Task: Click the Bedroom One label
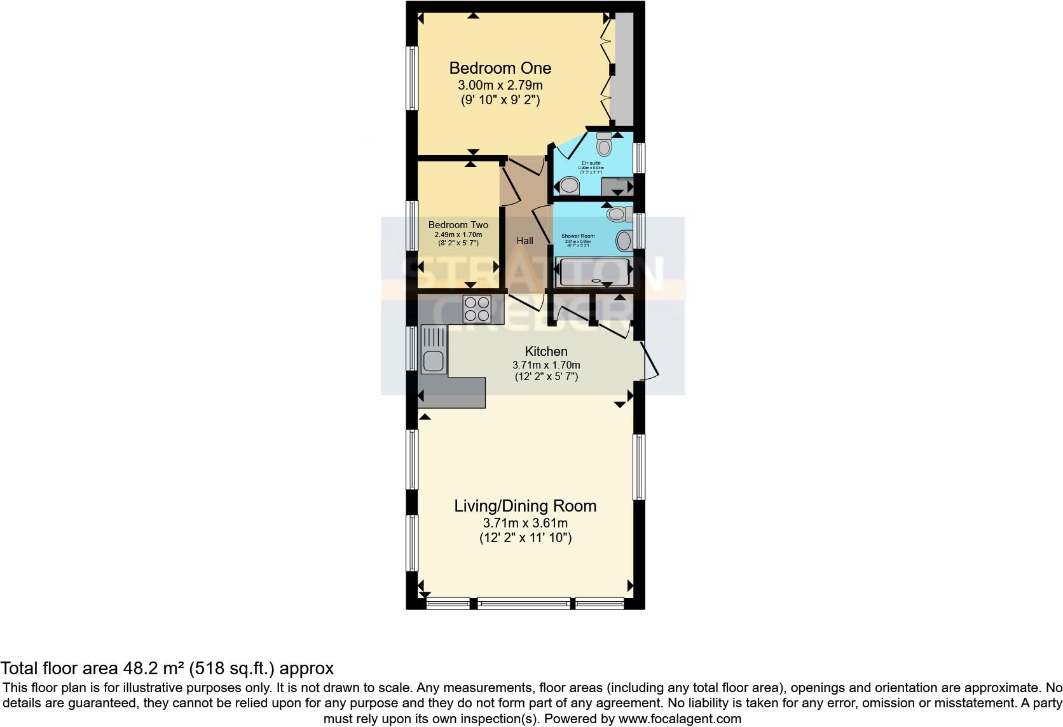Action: [x=500, y=68]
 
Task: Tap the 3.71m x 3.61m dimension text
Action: [x=525, y=523]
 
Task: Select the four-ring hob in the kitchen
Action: [x=476, y=310]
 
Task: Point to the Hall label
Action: [x=525, y=240]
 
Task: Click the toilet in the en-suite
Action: [x=604, y=145]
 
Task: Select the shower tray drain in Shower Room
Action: [x=596, y=280]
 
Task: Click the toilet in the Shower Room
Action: [x=617, y=214]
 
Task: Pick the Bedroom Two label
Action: [x=458, y=225]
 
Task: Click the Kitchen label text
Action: [x=545, y=351]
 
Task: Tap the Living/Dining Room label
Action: [x=525, y=506]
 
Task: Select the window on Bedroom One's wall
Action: [x=412, y=78]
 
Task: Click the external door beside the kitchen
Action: [x=650, y=361]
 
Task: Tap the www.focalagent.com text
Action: [x=680, y=719]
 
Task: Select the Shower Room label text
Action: [x=578, y=236]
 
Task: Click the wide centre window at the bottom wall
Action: [x=525, y=602]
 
